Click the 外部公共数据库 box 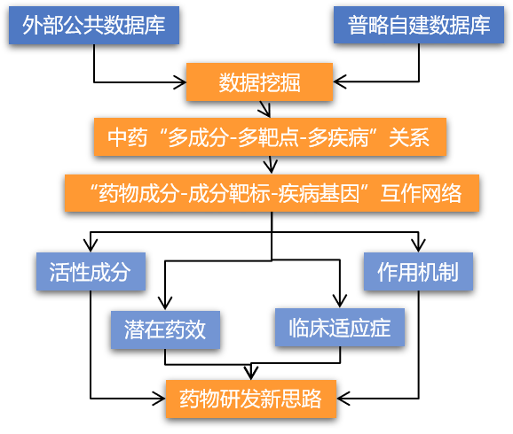pos(94,25)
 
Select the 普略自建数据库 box pos(419,25)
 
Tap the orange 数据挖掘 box pos(259,82)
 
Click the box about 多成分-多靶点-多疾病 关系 pos(270,136)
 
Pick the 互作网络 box pos(272,193)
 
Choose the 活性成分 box pos(91,271)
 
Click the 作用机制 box pos(418,271)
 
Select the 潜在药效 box pos(165,329)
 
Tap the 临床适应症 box pos(340,327)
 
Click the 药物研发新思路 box pos(251,399)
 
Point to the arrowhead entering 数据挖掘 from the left pos(180,82)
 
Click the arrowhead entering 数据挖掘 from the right pos(340,81)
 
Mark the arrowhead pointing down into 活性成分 pos(91,245)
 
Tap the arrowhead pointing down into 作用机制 pos(418,245)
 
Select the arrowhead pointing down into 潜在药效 pos(165,304)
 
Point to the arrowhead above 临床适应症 pos(340,301)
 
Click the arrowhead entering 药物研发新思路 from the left pos(160,399)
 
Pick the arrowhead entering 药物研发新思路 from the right pos(343,399)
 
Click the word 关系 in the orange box pos(409,137)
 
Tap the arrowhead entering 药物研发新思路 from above pos(251,373)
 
